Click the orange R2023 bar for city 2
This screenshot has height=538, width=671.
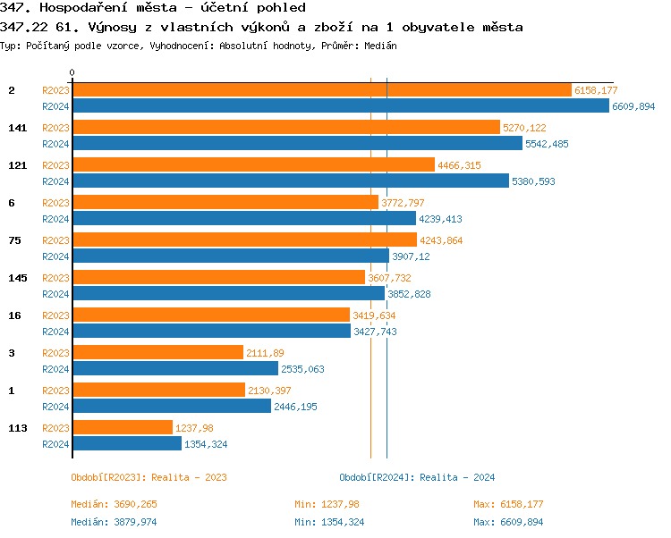321,90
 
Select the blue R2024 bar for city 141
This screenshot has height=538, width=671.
297,143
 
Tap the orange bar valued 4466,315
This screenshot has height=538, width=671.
253,165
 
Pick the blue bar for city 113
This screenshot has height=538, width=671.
126,443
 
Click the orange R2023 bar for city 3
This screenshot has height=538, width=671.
157,353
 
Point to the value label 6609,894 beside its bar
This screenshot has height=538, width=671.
633,106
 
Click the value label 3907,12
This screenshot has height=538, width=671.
411,256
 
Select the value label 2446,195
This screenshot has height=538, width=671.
295,407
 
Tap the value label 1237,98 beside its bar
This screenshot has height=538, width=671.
194,428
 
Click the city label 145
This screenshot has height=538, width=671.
18,278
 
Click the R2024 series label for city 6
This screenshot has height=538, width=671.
55,219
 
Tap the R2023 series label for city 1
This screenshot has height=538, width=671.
55,391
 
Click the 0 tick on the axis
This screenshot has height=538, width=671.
72,72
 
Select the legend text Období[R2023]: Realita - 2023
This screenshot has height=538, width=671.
149,477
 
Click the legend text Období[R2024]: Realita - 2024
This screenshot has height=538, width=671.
417,477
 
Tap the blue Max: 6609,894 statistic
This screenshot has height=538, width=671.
507,522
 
